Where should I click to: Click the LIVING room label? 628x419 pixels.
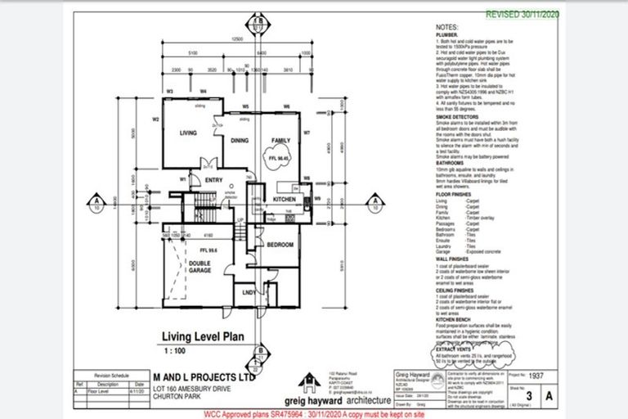190,132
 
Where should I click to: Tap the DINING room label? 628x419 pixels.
239,141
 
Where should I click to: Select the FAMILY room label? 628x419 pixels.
280,140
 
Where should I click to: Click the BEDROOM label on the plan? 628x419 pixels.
269,245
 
